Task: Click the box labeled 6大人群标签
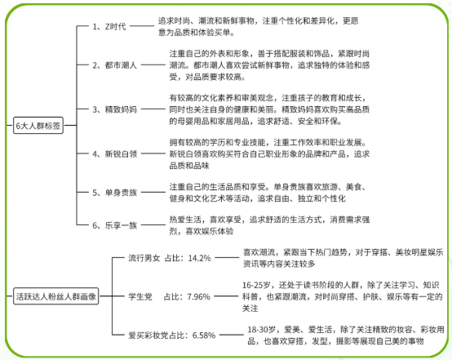(x=38, y=126)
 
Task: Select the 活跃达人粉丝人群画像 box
(x=56, y=296)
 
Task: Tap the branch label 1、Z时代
(x=109, y=27)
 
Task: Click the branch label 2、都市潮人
(x=114, y=65)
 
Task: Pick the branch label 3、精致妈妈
(x=114, y=109)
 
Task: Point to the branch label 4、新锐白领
(x=114, y=153)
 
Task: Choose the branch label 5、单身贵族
(x=114, y=193)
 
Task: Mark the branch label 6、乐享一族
(x=114, y=225)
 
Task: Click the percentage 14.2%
(x=199, y=258)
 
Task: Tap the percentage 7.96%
(x=198, y=296)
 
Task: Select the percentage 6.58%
(x=204, y=336)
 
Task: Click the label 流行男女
(x=144, y=258)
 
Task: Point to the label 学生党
(x=140, y=296)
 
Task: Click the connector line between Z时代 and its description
(x=142, y=26)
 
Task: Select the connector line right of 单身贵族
(x=153, y=192)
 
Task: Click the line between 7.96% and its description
(x=226, y=296)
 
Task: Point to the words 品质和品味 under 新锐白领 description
(x=189, y=166)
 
